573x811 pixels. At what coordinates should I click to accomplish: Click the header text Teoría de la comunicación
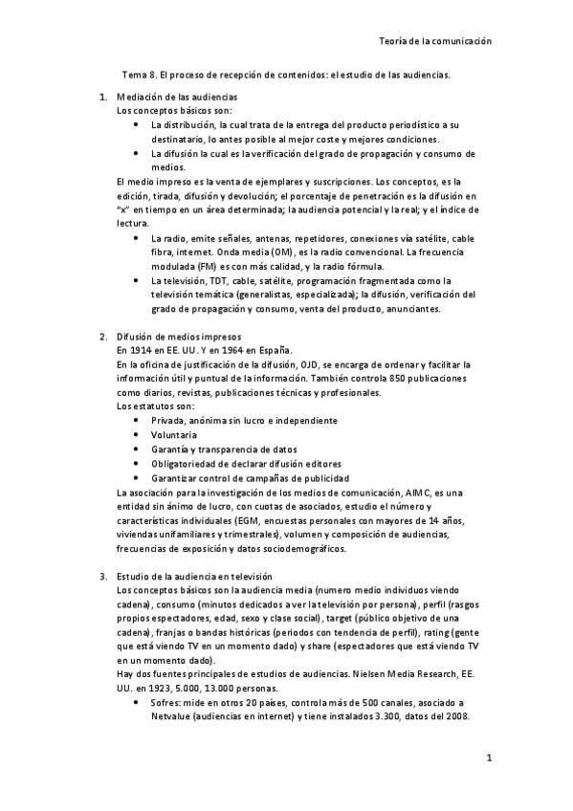(x=434, y=41)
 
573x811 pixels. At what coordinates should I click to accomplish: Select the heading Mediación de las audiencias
(x=177, y=98)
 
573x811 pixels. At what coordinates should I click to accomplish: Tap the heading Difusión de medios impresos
(x=178, y=337)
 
